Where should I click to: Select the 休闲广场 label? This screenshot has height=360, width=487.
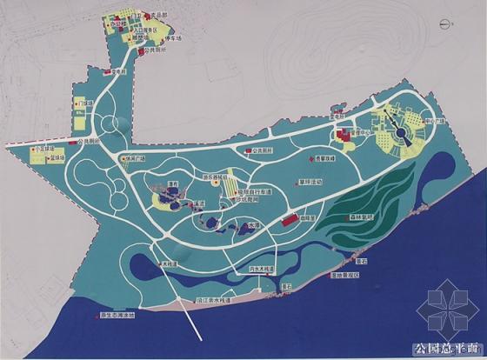pos(133,158)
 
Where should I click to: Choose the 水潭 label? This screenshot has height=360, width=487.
pos(253,223)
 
